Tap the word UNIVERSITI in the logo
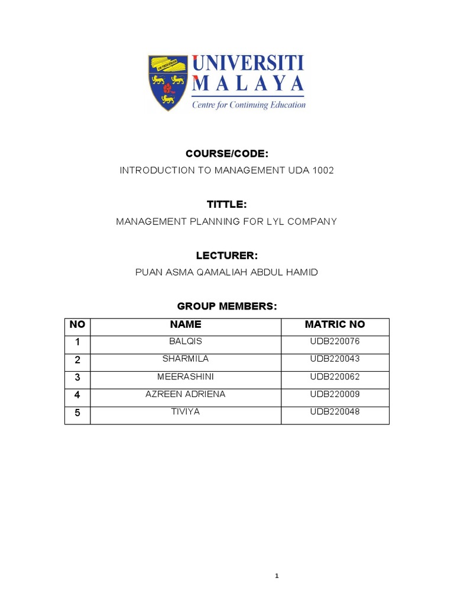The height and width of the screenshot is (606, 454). [247, 63]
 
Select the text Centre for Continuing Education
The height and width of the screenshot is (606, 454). [248, 105]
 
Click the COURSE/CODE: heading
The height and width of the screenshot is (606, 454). [227, 154]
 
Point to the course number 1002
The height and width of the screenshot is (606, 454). [322, 170]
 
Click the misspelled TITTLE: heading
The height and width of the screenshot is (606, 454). [226, 204]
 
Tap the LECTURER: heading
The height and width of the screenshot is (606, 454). [227, 256]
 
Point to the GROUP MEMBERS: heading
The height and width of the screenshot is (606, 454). [227, 306]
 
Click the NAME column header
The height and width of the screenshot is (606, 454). [185, 324]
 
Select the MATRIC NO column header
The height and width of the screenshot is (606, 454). [335, 324]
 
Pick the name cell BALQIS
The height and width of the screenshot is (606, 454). [185, 341]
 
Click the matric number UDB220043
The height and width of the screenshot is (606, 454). [335, 359]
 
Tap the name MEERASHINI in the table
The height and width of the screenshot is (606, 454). [185, 376]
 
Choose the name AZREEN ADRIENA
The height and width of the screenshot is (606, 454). [185, 394]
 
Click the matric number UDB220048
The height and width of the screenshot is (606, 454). [335, 412]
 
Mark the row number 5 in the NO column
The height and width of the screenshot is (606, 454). [77, 413]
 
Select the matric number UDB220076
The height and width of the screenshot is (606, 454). [335, 341]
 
